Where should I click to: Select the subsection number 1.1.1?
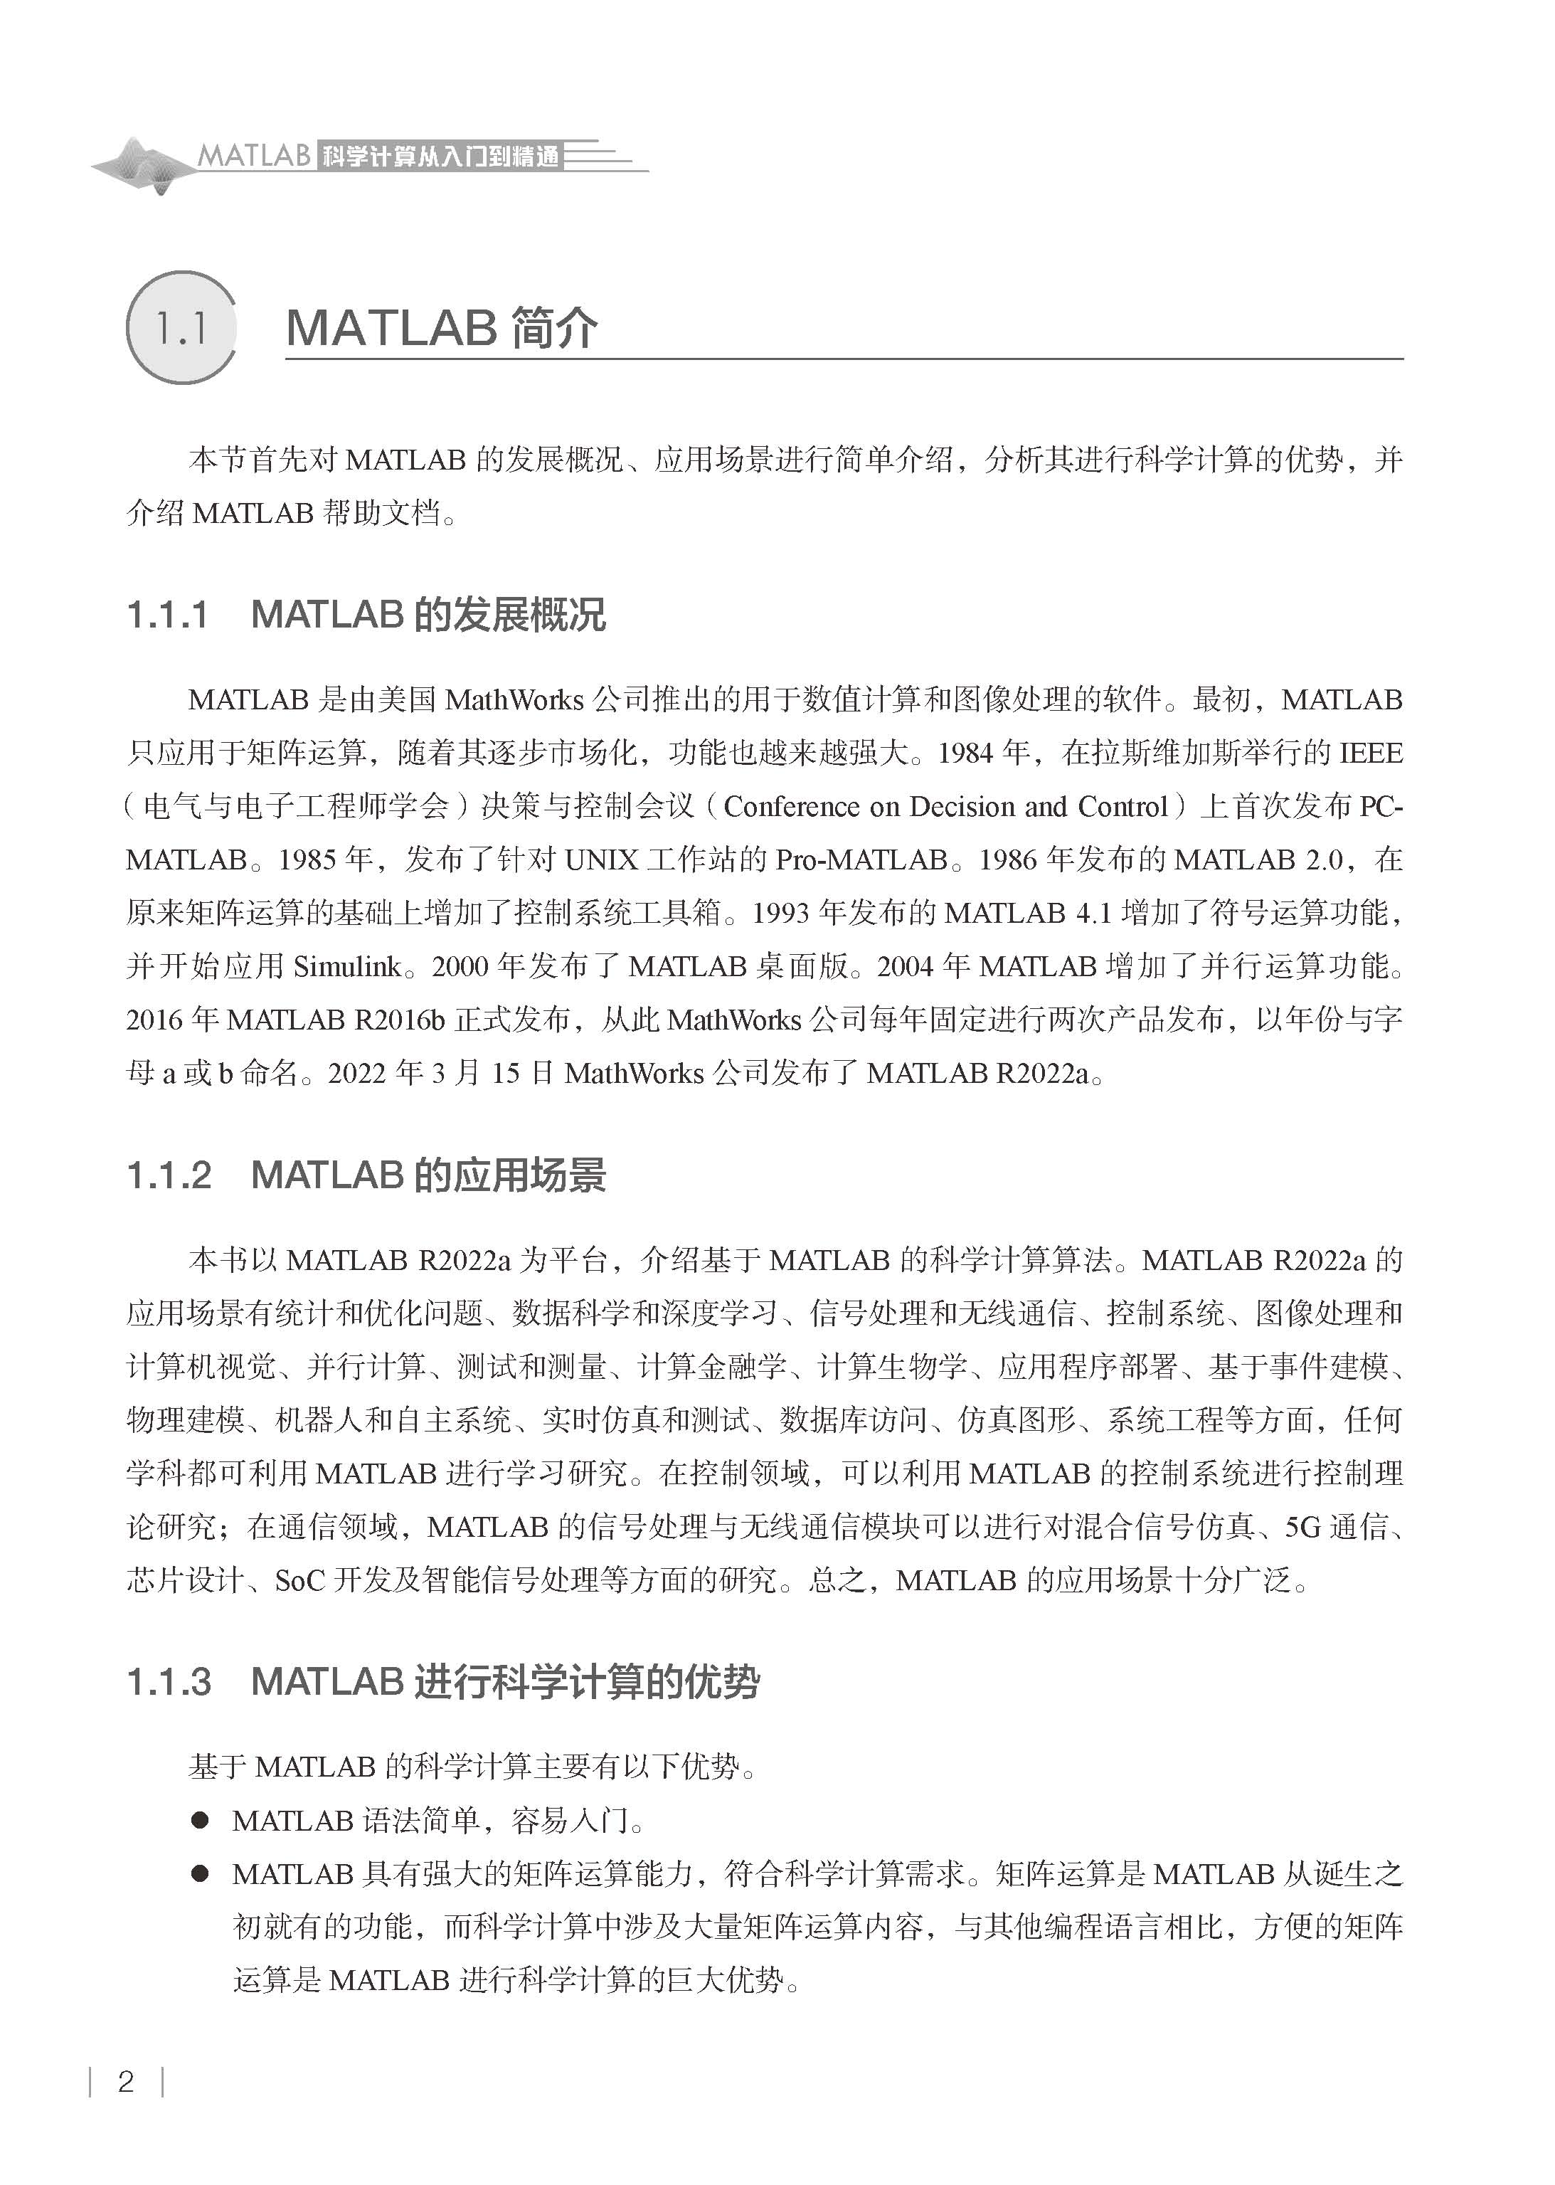point(168,615)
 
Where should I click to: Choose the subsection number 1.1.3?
point(169,1682)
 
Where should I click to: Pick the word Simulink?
point(346,967)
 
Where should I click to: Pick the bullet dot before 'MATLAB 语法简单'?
point(199,1820)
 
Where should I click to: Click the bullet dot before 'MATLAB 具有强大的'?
point(199,1874)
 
